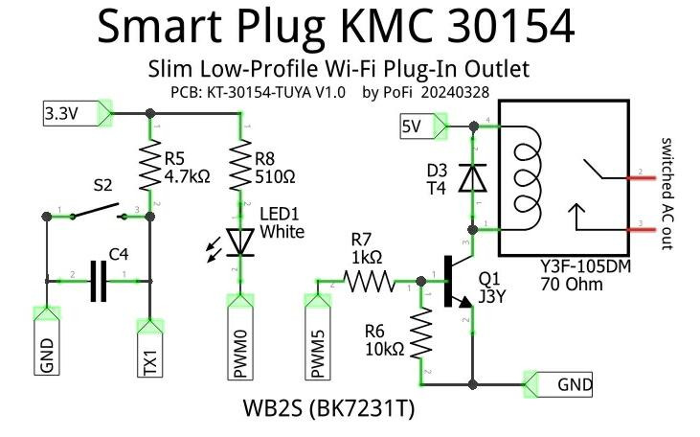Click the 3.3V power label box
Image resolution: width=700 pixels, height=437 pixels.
[x=60, y=115]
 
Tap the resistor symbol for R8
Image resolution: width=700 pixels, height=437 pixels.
[x=239, y=167]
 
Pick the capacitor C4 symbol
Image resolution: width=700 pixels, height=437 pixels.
[x=98, y=280]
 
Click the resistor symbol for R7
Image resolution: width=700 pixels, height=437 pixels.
[x=368, y=282]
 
